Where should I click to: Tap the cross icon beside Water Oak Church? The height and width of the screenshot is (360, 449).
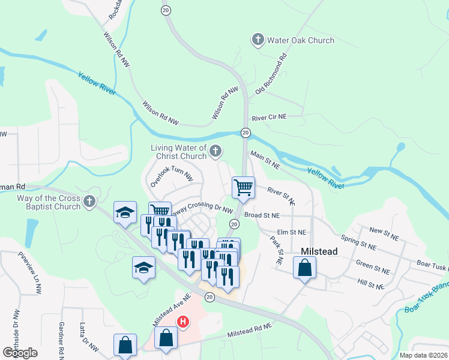click(258, 40)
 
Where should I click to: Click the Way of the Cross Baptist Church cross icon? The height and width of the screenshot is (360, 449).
click(90, 202)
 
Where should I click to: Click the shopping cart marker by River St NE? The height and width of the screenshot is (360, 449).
click(243, 188)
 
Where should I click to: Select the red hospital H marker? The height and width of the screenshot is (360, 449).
click(183, 322)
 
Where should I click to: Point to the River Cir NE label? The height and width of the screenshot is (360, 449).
click(270, 118)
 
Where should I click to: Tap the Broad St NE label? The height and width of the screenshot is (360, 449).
click(262, 215)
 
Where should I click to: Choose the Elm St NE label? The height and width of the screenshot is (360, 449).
click(292, 232)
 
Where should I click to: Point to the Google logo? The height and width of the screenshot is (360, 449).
click(20, 353)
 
